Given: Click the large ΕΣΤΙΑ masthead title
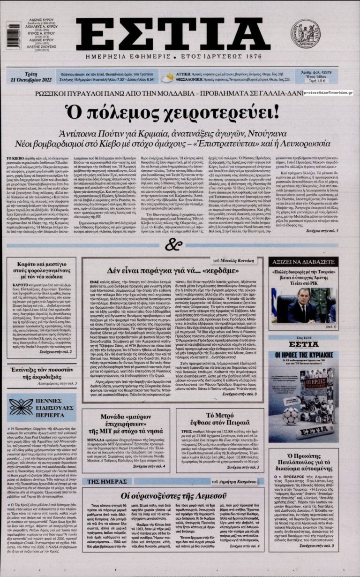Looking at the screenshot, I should point(173,35).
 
